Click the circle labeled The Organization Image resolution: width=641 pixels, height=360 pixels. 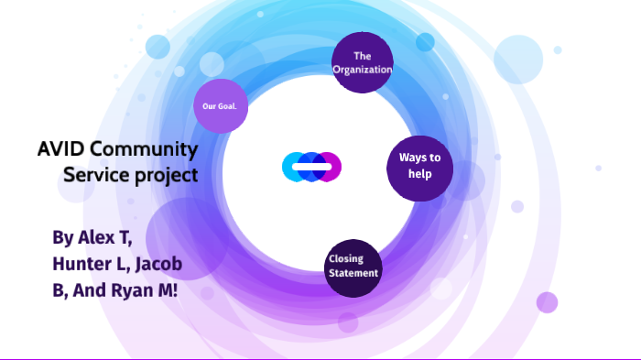pyautogui.click(x=362, y=62)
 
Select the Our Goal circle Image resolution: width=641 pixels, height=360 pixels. pyautogui.click(x=221, y=106)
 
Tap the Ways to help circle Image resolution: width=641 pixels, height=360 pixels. pyautogui.click(x=420, y=167)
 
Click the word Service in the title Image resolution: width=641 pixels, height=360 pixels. pyautogui.click(x=95, y=173)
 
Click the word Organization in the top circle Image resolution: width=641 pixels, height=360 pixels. pyautogui.click(x=362, y=70)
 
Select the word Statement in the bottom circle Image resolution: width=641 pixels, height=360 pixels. pyautogui.click(x=353, y=272)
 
